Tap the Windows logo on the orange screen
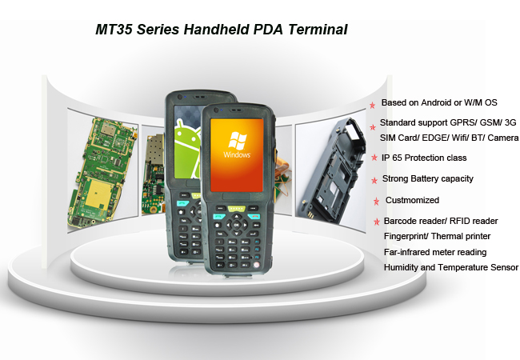tap(237, 140)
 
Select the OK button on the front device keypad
tap(237, 225)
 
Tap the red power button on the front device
tap(256, 265)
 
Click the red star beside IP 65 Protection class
tap(374, 158)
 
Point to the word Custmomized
tap(412, 200)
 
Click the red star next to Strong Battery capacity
tap(374, 180)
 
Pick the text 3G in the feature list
tap(510, 122)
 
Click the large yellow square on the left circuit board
tap(99, 194)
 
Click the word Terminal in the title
tap(318, 30)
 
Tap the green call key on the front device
tap(219, 217)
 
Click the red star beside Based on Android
tap(373, 105)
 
